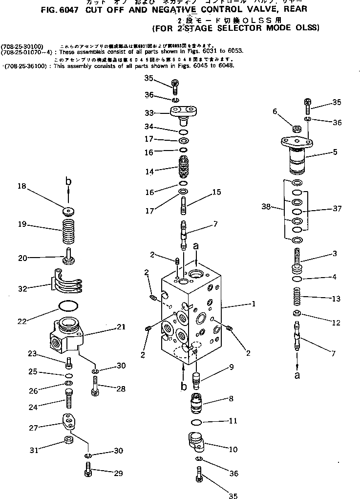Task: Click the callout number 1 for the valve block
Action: pos(254,304)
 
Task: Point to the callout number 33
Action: pos(149,113)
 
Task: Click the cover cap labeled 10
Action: pos(197,441)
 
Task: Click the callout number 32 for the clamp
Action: pos(22,289)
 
